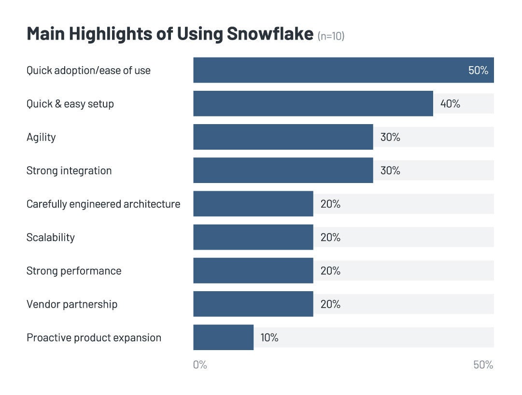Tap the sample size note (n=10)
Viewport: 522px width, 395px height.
(x=331, y=36)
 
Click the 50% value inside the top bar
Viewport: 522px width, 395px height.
(x=478, y=71)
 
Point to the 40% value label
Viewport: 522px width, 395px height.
(x=450, y=104)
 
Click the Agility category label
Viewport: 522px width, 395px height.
(x=41, y=137)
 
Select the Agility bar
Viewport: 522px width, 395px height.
(x=283, y=137)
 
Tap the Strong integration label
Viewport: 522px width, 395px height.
(x=69, y=170)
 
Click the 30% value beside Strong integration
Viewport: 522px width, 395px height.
(x=390, y=170)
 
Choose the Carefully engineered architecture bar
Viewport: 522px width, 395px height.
(x=253, y=204)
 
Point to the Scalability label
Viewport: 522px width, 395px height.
(x=51, y=237)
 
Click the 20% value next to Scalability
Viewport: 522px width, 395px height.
(x=330, y=237)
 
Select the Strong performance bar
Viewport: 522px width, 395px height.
(x=253, y=270)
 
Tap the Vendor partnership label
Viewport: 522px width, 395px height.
(x=72, y=304)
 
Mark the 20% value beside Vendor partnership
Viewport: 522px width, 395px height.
(x=330, y=304)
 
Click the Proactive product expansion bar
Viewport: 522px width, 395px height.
(x=223, y=338)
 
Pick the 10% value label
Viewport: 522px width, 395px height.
(x=269, y=338)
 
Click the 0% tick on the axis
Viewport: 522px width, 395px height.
(x=200, y=365)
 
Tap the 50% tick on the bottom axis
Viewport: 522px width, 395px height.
(x=483, y=365)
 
